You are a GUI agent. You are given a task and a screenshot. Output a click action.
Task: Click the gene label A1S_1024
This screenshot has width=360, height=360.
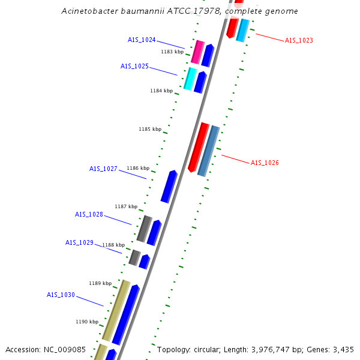tap(142, 40)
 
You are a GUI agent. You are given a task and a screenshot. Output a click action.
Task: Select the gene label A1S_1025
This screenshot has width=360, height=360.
tap(134, 67)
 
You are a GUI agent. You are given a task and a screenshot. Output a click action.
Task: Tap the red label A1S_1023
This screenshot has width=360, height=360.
tap(299, 41)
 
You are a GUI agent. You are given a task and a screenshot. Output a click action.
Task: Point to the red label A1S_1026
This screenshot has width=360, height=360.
tap(265, 163)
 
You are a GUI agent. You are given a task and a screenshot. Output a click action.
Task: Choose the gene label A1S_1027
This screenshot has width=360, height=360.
tap(103, 169)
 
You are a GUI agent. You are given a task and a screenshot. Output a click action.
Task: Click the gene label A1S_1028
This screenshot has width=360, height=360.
tap(89, 215)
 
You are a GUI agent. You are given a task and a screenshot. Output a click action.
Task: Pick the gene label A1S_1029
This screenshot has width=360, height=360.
tap(79, 243)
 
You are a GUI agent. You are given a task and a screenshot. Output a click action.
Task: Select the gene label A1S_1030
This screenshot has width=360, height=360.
tap(61, 295)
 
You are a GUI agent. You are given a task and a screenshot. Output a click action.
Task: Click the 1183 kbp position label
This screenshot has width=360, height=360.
tap(172, 52)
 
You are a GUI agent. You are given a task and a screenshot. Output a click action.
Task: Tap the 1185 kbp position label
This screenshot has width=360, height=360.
tap(150, 130)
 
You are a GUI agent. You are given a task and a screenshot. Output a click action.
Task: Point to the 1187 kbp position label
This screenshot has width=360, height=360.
tap(126, 207)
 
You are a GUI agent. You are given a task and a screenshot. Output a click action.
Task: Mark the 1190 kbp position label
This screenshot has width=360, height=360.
tap(87, 322)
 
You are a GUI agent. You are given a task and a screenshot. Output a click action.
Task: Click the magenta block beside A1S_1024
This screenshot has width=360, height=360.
tap(197, 52)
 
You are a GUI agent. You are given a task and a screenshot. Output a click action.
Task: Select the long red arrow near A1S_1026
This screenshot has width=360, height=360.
tap(199, 148)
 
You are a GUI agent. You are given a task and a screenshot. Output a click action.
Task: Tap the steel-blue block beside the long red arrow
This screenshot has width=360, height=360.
tap(209, 151)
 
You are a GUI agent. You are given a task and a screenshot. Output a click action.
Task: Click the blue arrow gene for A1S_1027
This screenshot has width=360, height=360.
tap(169, 187)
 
